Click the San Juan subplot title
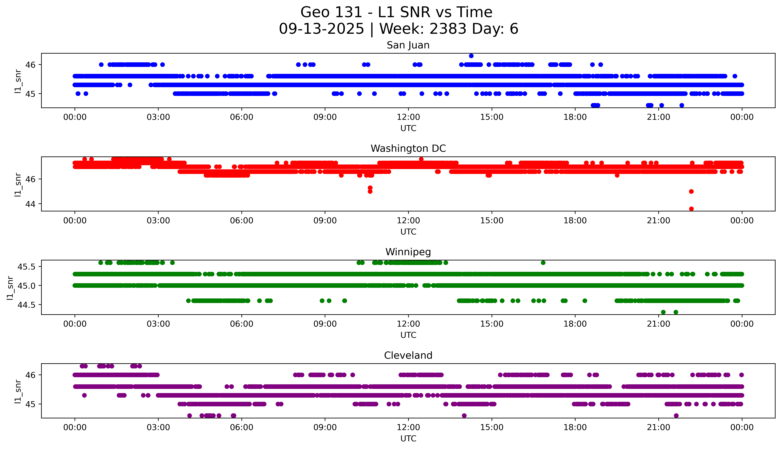[408, 45]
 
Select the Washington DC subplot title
[408, 149]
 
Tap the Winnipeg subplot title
[408, 252]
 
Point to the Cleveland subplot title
[408, 356]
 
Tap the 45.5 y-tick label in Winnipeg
[26, 266]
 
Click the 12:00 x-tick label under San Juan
[408, 117]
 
